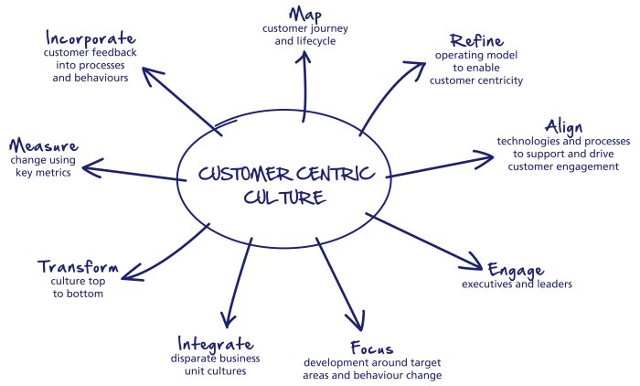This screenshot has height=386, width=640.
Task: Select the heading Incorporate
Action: click(x=90, y=38)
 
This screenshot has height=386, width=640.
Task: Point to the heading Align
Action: click(x=563, y=126)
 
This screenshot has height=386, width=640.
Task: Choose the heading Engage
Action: click(x=516, y=270)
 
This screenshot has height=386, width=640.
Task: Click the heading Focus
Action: click(x=372, y=348)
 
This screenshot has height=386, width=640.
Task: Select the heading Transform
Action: click(x=78, y=267)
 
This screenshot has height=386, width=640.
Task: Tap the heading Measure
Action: click(x=43, y=145)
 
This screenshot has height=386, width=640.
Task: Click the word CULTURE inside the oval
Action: click(x=282, y=196)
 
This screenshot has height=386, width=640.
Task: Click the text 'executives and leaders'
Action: click(x=517, y=284)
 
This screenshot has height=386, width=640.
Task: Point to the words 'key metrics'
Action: click(x=43, y=172)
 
